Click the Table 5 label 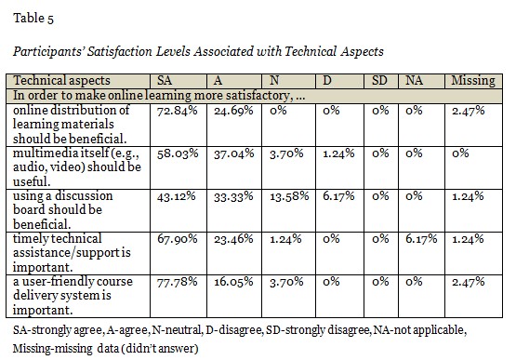(x=33, y=18)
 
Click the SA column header (x=165, y=80)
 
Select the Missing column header (x=473, y=81)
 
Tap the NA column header (x=414, y=80)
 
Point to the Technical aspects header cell (x=61, y=81)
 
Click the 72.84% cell (x=177, y=111)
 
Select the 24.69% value (x=233, y=111)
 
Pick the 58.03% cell (x=178, y=153)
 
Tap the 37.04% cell (x=234, y=153)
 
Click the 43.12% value (x=176, y=196)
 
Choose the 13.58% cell (x=289, y=196)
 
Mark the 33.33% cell (x=233, y=196)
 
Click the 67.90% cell (x=177, y=239)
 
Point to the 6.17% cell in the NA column (x=421, y=239)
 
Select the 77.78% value (x=177, y=282)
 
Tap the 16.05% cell (x=233, y=282)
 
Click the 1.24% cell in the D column (x=338, y=153)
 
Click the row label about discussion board (x=63, y=210)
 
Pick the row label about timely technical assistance (x=72, y=253)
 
